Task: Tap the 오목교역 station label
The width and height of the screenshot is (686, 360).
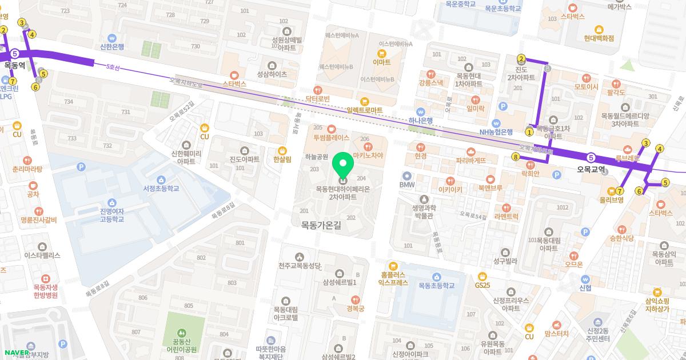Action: coord(591,169)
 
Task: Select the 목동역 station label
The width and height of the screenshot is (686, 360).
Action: coord(14,65)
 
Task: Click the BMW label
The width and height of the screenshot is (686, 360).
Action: coord(406,185)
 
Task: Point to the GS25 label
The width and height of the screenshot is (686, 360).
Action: coord(482,285)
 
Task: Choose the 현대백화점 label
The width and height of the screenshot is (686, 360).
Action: coord(599,38)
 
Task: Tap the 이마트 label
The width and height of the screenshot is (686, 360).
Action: coord(381,62)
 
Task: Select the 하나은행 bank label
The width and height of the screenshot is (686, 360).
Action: coord(421,120)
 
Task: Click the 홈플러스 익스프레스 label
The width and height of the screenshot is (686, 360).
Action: coord(393,278)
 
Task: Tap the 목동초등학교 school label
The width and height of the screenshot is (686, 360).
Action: coord(436,285)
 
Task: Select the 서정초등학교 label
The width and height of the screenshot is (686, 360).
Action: coord(161,188)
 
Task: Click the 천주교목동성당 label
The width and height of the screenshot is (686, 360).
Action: coord(300,266)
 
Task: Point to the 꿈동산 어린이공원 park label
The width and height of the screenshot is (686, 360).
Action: coord(181,345)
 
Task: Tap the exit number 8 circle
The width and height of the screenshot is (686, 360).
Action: coord(516,157)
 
